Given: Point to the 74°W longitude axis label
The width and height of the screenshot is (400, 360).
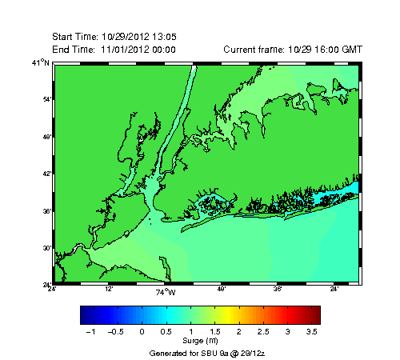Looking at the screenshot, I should point(165,291).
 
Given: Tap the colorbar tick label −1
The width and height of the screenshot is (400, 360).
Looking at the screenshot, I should point(90,330).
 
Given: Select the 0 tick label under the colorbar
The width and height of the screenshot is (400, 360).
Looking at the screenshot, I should point(142,330).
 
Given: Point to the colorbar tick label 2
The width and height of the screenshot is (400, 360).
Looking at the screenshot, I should point(238,330).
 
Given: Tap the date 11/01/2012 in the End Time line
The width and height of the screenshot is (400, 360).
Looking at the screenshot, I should point(124,50).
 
